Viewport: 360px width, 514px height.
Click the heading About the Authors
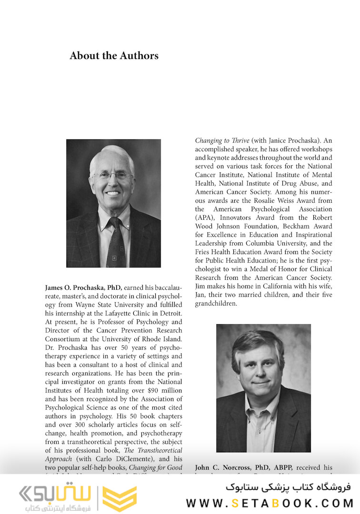(x=114, y=56)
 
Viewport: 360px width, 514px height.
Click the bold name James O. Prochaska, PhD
(x=83, y=288)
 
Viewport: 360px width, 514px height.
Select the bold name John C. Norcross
(x=222, y=468)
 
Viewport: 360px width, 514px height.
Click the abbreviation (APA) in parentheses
(x=205, y=217)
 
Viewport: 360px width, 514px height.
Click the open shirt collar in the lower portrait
(x=261, y=409)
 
